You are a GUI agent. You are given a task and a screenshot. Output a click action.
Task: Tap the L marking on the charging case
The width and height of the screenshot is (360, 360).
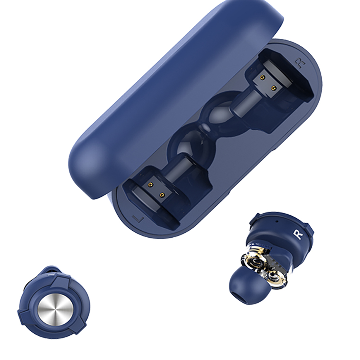138,219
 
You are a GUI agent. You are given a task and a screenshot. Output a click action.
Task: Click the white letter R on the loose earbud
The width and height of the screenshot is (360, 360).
299,235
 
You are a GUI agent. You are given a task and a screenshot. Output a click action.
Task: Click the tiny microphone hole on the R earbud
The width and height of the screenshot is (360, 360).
277,221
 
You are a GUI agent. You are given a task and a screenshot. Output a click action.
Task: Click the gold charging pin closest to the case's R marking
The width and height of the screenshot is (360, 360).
273,88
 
